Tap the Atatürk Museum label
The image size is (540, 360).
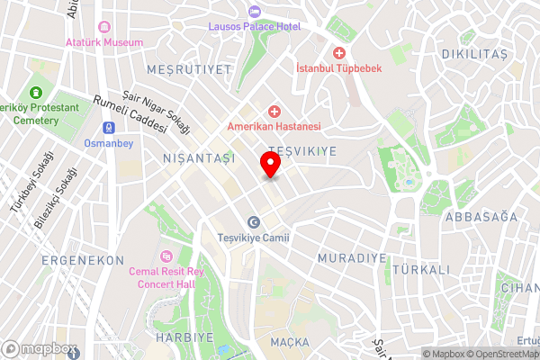pyautogui.click(x=103, y=42)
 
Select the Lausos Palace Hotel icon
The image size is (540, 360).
pyautogui.click(x=253, y=12)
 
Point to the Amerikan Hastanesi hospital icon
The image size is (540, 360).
pyautogui.click(x=274, y=110)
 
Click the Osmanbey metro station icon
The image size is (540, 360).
pyautogui.click(x=108, y=127)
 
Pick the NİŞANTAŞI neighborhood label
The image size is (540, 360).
pyautogui.click(x=198, y=157)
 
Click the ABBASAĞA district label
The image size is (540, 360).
pyautogui.click(x=484, y=216)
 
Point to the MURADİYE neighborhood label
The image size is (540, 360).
pyautogui.click(x=352, y=258)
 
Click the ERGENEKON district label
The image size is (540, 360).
pyautogui.click(x=82, y=259)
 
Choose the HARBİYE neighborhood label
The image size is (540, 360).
pyautogui.click(x=186, y=337)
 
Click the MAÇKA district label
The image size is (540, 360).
pyautogui.click(x=288, y=342)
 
